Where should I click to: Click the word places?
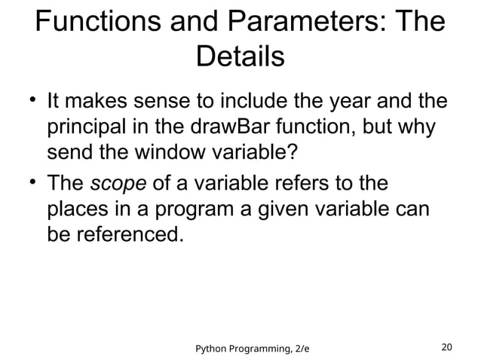pos(81,210)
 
